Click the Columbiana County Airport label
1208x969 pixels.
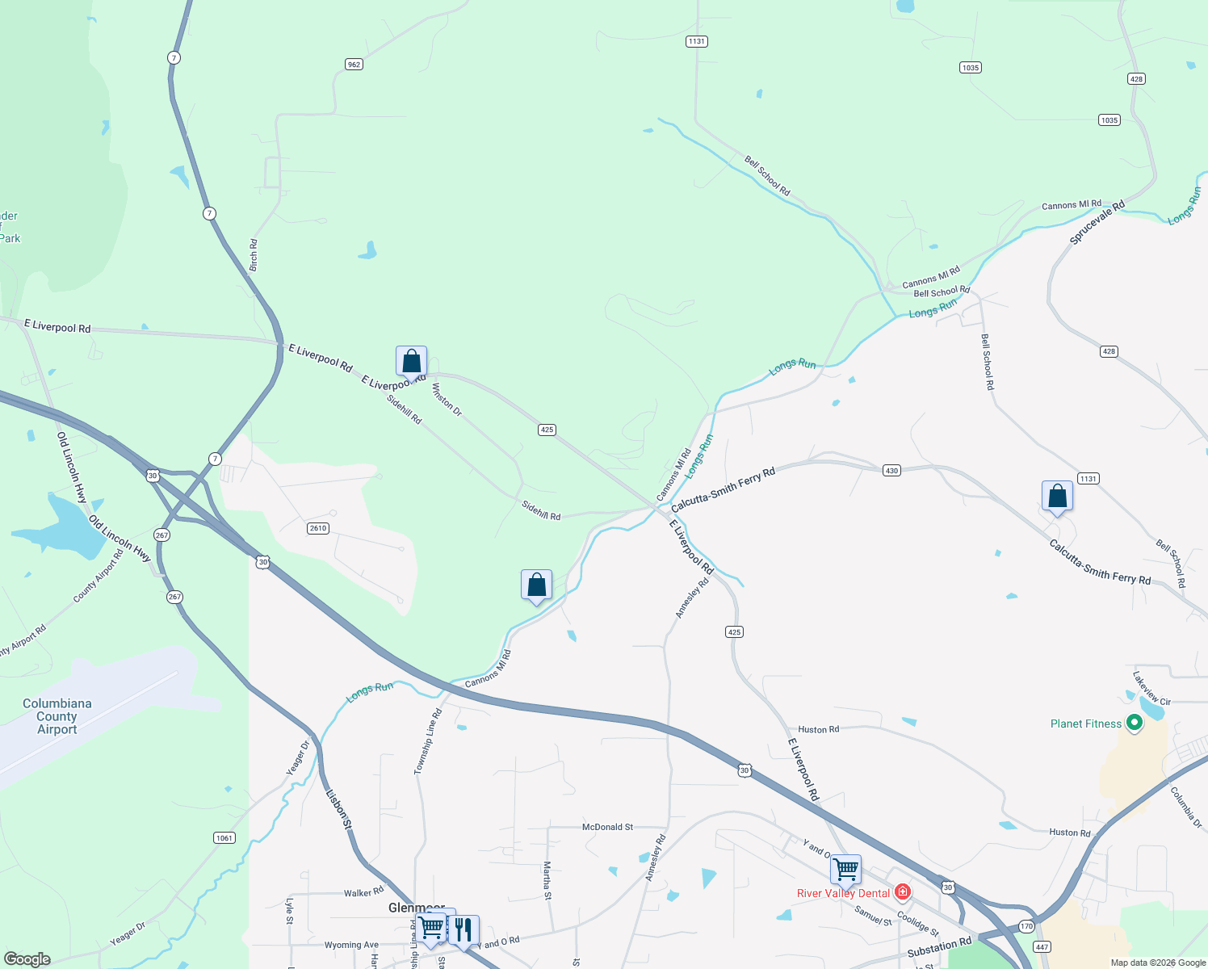57,716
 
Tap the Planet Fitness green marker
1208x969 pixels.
1135,723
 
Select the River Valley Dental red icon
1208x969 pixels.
903,892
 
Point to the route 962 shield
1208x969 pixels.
354,64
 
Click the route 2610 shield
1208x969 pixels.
317,528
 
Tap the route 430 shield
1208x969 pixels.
891,470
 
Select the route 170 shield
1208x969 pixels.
1026,926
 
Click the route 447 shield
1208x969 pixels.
1042,947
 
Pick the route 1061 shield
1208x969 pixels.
224,837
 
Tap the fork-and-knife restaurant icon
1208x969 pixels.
463,930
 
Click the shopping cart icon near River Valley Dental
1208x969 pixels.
845,870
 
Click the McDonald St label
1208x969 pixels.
607,827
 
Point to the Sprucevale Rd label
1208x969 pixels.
1097,223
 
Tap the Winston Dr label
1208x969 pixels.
447,399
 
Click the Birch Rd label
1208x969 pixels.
254,254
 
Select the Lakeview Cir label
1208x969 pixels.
1151,687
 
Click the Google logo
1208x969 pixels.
27,959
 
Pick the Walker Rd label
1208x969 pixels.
363,892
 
